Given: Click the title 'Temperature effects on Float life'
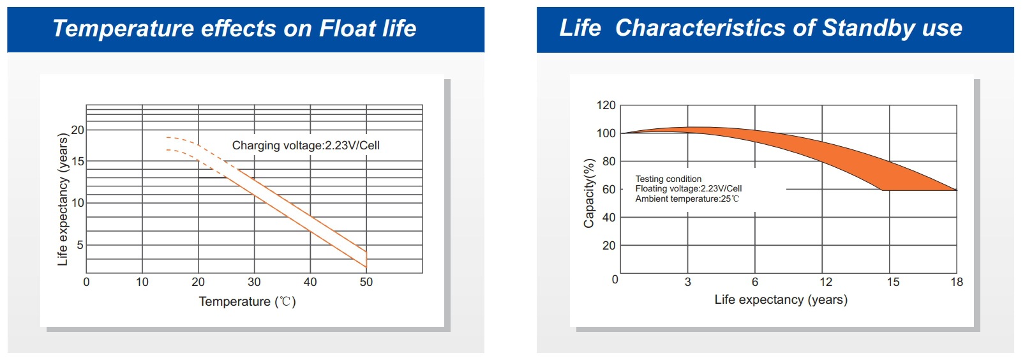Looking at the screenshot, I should point(234,29).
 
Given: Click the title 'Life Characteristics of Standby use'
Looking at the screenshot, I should point(760,28).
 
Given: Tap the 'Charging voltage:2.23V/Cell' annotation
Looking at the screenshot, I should point(306,146).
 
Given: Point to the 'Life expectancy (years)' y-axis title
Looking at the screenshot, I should point(63,199).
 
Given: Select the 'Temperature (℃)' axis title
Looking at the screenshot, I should point(247,301).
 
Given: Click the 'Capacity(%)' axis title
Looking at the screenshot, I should point(588,193).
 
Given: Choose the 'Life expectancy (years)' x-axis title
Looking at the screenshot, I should point(781,299).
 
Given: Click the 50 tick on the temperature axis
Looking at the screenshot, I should point(366,282).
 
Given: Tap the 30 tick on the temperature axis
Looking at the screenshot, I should point(254,282).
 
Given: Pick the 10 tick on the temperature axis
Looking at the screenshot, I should point(142,282).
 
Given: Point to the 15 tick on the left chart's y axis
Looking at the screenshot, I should point(78,161).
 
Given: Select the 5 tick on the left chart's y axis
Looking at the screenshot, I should point(80,244).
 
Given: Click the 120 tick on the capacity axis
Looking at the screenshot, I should point(606,105).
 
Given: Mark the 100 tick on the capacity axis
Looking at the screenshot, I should point(606,133).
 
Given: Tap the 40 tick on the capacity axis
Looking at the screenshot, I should point(609,218).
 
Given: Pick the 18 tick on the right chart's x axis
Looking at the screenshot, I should point(956,282).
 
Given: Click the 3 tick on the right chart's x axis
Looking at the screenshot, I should point(687,282).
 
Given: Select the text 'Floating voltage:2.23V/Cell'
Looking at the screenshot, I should point(688,188).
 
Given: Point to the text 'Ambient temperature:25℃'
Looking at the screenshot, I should point(687,199).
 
